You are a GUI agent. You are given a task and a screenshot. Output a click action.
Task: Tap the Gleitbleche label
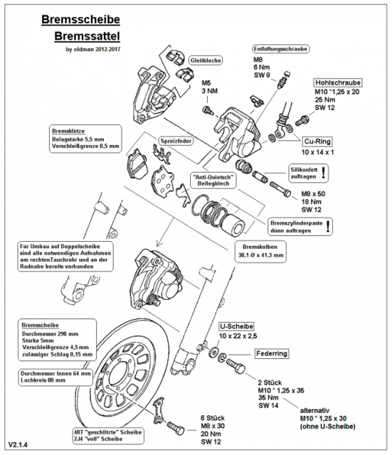[x=206, y=61]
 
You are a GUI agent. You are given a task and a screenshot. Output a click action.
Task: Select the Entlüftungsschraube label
[x=280, y=49]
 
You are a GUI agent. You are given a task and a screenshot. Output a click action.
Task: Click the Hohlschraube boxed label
[x=337, y=81]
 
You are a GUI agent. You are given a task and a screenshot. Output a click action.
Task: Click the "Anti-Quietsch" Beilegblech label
[x=213, y=181]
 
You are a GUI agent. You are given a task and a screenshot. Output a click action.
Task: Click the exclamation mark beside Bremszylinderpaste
[x=328, y=226]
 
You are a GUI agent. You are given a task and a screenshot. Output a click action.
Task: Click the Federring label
[x=273, y=353]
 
